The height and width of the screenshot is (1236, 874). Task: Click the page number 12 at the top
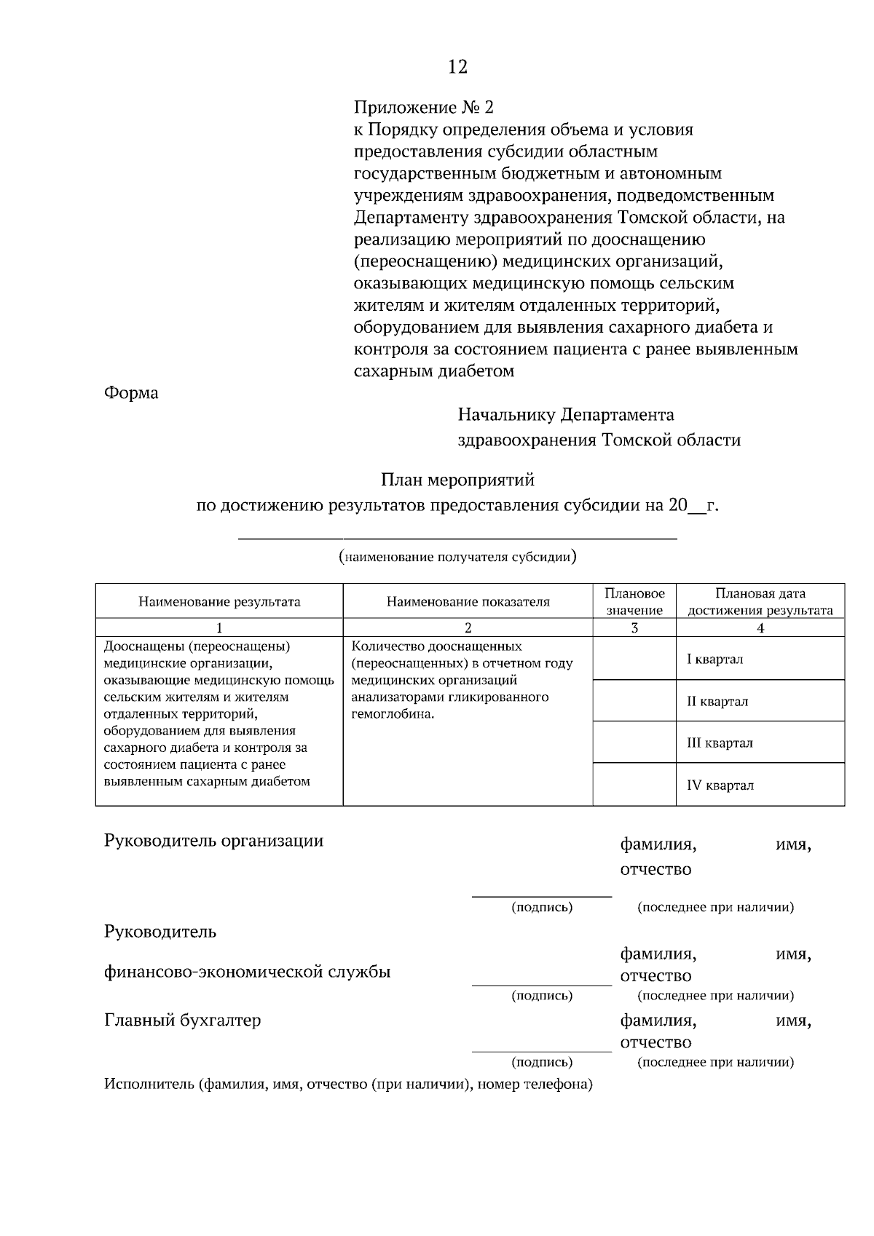[457, 67]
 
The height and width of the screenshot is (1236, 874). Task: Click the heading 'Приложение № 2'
[423, 108]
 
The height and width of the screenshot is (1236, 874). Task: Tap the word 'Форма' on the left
[131, 393]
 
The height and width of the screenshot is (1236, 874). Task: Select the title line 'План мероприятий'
[457, 480]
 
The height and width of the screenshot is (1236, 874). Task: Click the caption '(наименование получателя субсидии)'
[457, 558]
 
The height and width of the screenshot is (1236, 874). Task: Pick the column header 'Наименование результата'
[219, 602]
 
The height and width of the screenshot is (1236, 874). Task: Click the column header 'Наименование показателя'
[468, 602]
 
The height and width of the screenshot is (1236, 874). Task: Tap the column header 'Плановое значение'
[634, 602]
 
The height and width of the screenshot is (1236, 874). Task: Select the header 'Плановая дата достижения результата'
[760, 602]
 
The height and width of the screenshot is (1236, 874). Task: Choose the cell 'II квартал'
[717, 702]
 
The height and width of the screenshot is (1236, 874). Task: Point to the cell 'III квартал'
[720, 743]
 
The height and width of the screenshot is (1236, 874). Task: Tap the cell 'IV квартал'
[720, 785]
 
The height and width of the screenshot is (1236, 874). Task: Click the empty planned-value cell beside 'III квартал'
[634, 742]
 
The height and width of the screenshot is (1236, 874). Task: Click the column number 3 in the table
[634, 628]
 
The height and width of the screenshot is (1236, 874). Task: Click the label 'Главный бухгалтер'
[183, 1021]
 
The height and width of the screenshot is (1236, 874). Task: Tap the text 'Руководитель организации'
[213, 841]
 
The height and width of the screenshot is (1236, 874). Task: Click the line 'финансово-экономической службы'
[248, 972]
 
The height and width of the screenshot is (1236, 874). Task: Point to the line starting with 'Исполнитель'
[348, 1085]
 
